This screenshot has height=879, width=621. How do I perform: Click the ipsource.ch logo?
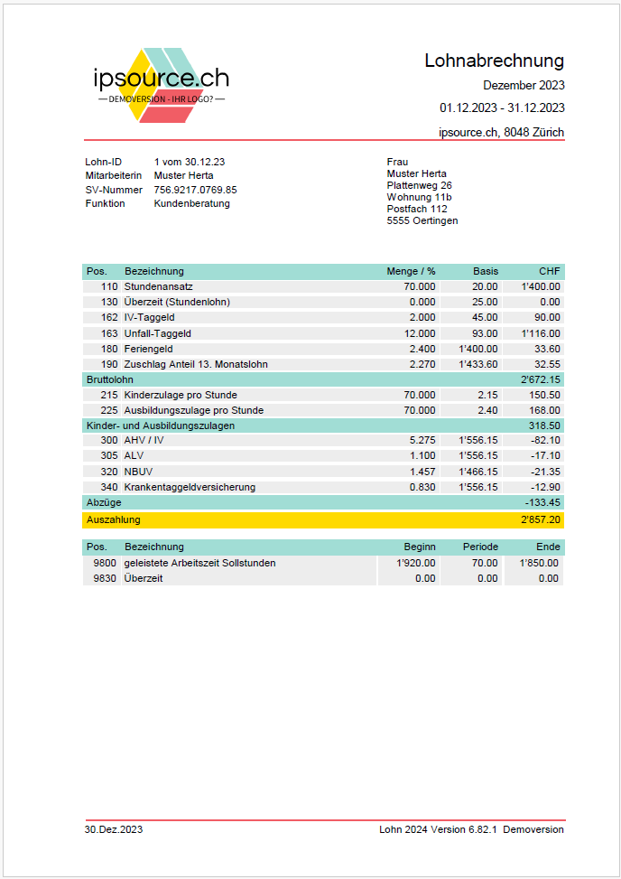pyautogui.click(x=161, y=84)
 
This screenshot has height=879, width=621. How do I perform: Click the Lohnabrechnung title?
pyautogui.click(x=494, y=61)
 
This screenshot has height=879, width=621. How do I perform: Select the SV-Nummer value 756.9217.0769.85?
pyautogui.click(x=195, y=190)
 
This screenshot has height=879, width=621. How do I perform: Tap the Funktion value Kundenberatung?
pyautogui.click(x=191, y=203)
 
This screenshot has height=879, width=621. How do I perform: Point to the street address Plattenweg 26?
pyautogui.click(x=419, y=185)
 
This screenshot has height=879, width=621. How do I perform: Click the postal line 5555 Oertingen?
pyautogui.click(x=422, y=220)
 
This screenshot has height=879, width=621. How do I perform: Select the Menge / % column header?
pyautogui.click(x=411, y=271)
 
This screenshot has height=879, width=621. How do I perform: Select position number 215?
pyautogui.click(x=109, y=395)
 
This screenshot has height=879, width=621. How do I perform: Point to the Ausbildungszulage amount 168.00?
pyautogui.click(x=544, y=410)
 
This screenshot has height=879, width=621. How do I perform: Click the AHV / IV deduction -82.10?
pyautogui.click(x=544, y=440)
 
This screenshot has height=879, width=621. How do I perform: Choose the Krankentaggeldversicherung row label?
pyautogui.click(x=190, y=487)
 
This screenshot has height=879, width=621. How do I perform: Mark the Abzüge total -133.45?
pyautogui.click(x=542, y=502)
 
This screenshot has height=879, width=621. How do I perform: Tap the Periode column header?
pyautogui.click(x=480, y=547)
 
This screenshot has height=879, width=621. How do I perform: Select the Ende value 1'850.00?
pyautogui.click(x=539, y=563)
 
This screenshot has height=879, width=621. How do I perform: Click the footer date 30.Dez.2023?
pyautogui.click(x=114, y=829)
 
